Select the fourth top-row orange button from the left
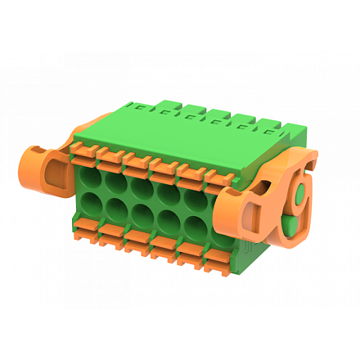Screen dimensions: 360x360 tap(164, 166)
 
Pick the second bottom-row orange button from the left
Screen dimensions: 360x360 tap(111, 239)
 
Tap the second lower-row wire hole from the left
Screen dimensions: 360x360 tap(115, 216)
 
